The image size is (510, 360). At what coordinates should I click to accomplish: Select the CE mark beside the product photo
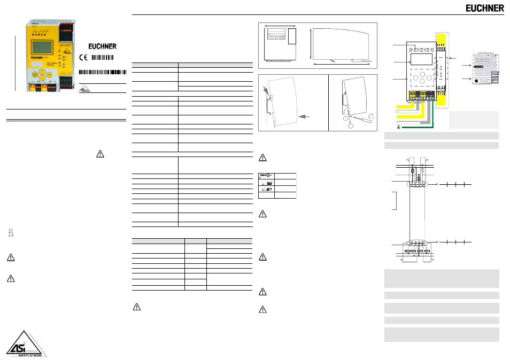point(83,58)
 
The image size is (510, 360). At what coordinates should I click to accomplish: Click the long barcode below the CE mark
point(103,72)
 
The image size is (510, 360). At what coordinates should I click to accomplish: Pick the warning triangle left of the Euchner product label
point(99,154)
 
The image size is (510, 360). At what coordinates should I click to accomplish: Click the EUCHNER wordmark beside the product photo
point(103,46)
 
